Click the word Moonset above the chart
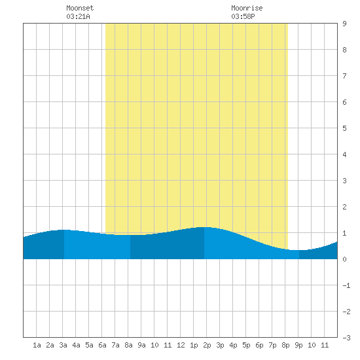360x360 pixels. (x=80, y=8)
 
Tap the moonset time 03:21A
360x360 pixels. (x=79, y=16)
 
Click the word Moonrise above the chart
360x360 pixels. (x=247, y=8)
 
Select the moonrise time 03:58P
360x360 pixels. (x=243, y=16)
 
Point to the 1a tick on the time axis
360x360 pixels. (x=37, y=345)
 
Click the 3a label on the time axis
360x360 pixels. (x=63, y=345)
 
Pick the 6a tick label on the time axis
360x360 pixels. (x=102, y=345)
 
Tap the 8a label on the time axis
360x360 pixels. (x=128, y=345)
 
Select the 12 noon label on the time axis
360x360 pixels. (x=181, y=345)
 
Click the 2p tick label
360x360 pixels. (x=207, y=345)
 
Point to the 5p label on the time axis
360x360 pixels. (x=246, y=345)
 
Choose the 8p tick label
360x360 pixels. (x=285, y=345)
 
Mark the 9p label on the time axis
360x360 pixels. (x=298, y=345)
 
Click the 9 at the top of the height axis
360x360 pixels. (x=344, y=24)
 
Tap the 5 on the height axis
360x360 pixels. (x=344, y=128)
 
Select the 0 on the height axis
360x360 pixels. (x=344, y=259)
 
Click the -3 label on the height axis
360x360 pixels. (x=346, y=338)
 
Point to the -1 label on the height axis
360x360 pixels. (x=346, y=285)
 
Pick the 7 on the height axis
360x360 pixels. (x=344, y=76)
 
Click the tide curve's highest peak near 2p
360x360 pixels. (x=204, y=227)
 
